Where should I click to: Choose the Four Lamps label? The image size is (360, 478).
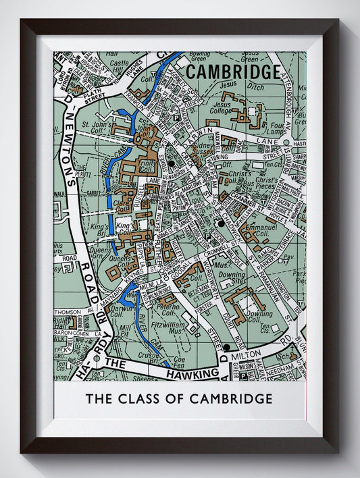277,128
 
